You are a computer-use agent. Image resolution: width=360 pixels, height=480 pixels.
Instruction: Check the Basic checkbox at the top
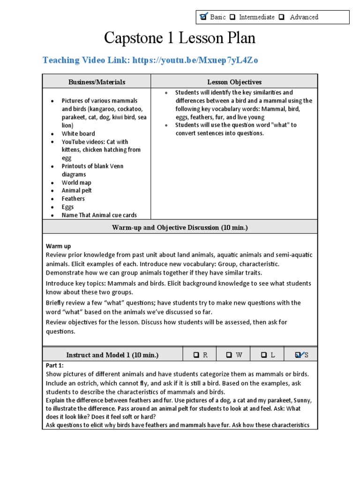203,17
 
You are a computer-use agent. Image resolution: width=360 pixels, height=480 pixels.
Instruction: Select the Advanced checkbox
281,17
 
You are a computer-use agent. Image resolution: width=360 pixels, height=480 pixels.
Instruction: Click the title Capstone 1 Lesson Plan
180,38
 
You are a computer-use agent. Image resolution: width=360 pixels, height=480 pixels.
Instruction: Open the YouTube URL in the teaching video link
195,60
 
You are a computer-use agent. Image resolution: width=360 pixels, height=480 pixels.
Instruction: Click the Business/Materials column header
97,82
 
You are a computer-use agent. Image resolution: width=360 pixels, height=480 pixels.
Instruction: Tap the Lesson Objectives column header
234,82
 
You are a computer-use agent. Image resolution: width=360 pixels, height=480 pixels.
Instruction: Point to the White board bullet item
78,134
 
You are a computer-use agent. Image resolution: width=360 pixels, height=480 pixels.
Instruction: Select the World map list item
76,183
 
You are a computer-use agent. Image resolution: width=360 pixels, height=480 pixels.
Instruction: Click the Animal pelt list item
76,191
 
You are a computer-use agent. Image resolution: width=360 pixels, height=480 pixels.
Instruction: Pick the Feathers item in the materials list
73,199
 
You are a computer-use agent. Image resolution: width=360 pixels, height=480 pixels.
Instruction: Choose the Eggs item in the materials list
67,207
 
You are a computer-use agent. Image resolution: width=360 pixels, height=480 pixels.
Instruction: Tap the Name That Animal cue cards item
99,215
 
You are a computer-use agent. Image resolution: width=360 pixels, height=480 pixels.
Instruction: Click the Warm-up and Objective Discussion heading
180,227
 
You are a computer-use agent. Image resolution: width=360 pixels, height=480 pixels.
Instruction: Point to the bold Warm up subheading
58,246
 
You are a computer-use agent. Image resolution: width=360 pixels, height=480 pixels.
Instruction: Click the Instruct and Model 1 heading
112,355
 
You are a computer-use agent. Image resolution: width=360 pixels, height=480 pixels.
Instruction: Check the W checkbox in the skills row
229,355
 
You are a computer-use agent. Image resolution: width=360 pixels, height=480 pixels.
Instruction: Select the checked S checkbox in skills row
299,355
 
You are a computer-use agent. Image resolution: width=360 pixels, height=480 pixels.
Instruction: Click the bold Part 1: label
54,365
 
